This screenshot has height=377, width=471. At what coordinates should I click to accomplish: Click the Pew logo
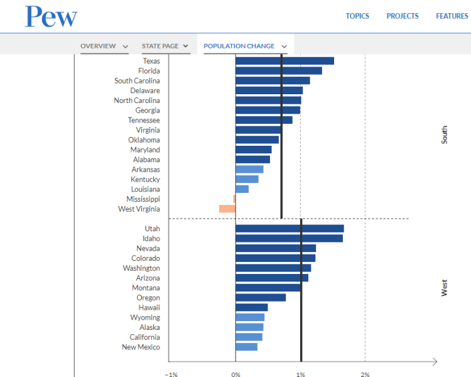[x=51, y=16]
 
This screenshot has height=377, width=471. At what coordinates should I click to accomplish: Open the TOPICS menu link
[x=357, y=16]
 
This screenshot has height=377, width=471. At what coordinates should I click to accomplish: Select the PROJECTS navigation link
[x=402, y=16]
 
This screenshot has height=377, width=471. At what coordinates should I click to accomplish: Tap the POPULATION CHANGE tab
[x=239, y=46]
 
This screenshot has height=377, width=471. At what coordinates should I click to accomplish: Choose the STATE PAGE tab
[x=160, y=46]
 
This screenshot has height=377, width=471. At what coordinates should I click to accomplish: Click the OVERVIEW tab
[x=99, y=46]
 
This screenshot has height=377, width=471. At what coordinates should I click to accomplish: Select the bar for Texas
[x=284, y=61]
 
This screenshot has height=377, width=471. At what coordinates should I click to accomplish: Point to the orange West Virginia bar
[x=227, y=209]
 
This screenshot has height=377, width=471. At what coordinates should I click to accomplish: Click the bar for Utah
[x=290, y=229]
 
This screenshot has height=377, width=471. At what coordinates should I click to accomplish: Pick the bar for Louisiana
[x=242, y=189]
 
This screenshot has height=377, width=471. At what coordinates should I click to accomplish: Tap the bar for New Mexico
[x=246, y=347]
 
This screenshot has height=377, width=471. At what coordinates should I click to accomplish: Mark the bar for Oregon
[x=261, y=298]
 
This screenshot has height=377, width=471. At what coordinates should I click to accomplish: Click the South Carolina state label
[x=137, y=81]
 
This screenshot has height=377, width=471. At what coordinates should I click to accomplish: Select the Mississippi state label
[x=143, y=199]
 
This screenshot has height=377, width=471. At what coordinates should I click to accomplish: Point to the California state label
[x=141, y=337]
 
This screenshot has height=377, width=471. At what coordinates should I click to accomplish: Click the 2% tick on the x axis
[x=365, y=374]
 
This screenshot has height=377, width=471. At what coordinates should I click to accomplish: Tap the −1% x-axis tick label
[x=171, y=374]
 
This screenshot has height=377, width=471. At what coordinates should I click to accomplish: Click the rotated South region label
[x=445, y=135]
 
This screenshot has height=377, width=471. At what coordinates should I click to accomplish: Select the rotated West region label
[x=445, y=288]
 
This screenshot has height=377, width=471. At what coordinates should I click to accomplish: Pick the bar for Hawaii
[x=251, y=308]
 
